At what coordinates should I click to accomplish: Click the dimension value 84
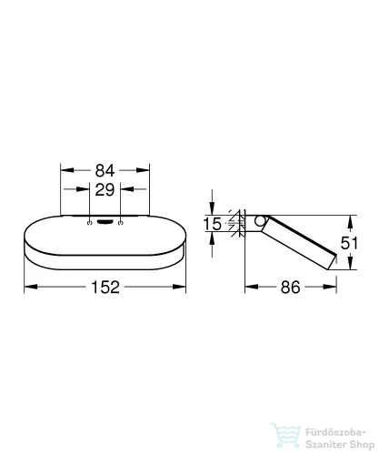(x=105, y=170)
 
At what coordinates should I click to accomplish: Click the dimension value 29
(x=105, y=190)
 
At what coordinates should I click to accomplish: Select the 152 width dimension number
(x=105, y=287)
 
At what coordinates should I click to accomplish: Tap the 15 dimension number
(x=212, y=224)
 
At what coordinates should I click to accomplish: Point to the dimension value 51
(x=349, y=243)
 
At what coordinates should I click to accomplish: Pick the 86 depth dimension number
(x=290, y=287)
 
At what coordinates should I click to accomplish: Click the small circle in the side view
(x=259, y=221)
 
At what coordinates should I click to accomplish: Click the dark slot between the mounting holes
(x=105, y=223)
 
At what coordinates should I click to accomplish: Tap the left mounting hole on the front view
(x=89, y=223)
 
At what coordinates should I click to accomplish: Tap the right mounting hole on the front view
(x=121, y=223)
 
